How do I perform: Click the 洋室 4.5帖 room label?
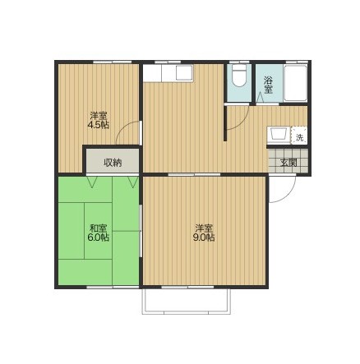click(x=99, y=120)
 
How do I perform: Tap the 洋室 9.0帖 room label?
click(x=204, y=233)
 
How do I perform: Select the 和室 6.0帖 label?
click(x=99, y=233)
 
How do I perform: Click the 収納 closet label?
click(x=113, y=163)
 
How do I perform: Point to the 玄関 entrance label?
click(x=288, y=163)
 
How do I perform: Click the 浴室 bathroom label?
click(x=268, y=85)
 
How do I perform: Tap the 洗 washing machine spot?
click(x=300, y=138)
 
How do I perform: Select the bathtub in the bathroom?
click(x=295, y=83)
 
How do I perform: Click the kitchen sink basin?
click(x=184, y=73)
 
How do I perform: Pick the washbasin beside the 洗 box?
click(x=279, y=134)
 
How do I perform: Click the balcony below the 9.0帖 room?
click(x=187, y=301)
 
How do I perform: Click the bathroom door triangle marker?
click(x=260, y=98)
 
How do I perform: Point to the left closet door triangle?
click(x=92, y=182)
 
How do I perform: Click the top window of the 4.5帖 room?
click(x=112, y=62)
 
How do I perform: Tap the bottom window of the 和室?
click(x=113, y=287)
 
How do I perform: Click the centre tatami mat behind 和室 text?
click(x=98, y=231)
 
